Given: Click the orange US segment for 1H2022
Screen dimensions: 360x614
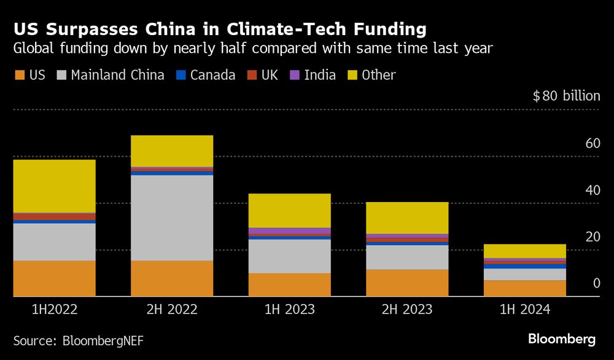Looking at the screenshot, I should tap(54, 278).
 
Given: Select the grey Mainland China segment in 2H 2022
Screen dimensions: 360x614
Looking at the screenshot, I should tap(172, 217).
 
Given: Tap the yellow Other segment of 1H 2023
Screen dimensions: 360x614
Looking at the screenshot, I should tap(289, 210).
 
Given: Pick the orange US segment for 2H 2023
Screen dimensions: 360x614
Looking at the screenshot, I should tap(407, 283).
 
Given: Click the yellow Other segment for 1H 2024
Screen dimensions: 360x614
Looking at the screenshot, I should tap(524, 251).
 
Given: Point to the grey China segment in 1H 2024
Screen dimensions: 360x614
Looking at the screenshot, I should tap(524, 274).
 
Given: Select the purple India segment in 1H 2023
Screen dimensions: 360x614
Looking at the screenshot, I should tap(289, 230).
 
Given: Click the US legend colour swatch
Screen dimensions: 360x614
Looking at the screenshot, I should tap(19, 76).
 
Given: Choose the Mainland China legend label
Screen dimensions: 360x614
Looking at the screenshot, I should tap(117, 76).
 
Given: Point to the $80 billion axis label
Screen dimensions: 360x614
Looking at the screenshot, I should tap(566, 96).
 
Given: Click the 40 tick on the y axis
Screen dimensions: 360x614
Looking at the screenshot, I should tap(592, 190).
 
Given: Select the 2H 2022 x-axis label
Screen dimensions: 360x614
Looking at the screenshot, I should tap(172, 310).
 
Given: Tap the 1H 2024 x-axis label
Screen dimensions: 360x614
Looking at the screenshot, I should tap(524, 310).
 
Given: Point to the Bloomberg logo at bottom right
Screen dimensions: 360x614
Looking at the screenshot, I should tap(562, 339).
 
